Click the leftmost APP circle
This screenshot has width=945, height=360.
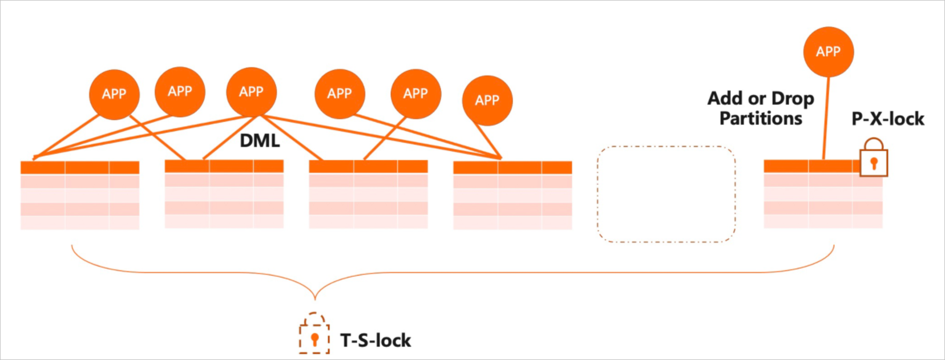coord(114,94)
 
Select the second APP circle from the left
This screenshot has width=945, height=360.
coord(180,91)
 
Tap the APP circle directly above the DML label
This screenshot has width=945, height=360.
coord(251,92)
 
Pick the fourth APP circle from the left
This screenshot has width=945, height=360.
coord(340,94)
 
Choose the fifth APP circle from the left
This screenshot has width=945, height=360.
coord(415,94)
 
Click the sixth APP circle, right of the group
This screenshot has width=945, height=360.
coord(487,100)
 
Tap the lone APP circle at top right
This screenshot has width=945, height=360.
coord(828,51)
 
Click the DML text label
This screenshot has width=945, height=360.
coord(260,140)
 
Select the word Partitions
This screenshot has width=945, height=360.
coord(761,119)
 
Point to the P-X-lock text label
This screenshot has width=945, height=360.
coord(888,119)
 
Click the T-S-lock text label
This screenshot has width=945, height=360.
coord(375,341)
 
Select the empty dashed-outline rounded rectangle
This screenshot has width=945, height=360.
coord(666,194)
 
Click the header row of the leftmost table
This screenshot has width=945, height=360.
coord(80,167)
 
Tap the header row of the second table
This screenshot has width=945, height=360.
coord(224,166)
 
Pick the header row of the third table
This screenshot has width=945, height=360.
coord(368,167)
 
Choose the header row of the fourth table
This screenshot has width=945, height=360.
coord(512,167)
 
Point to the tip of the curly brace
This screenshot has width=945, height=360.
coord(315,297)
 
